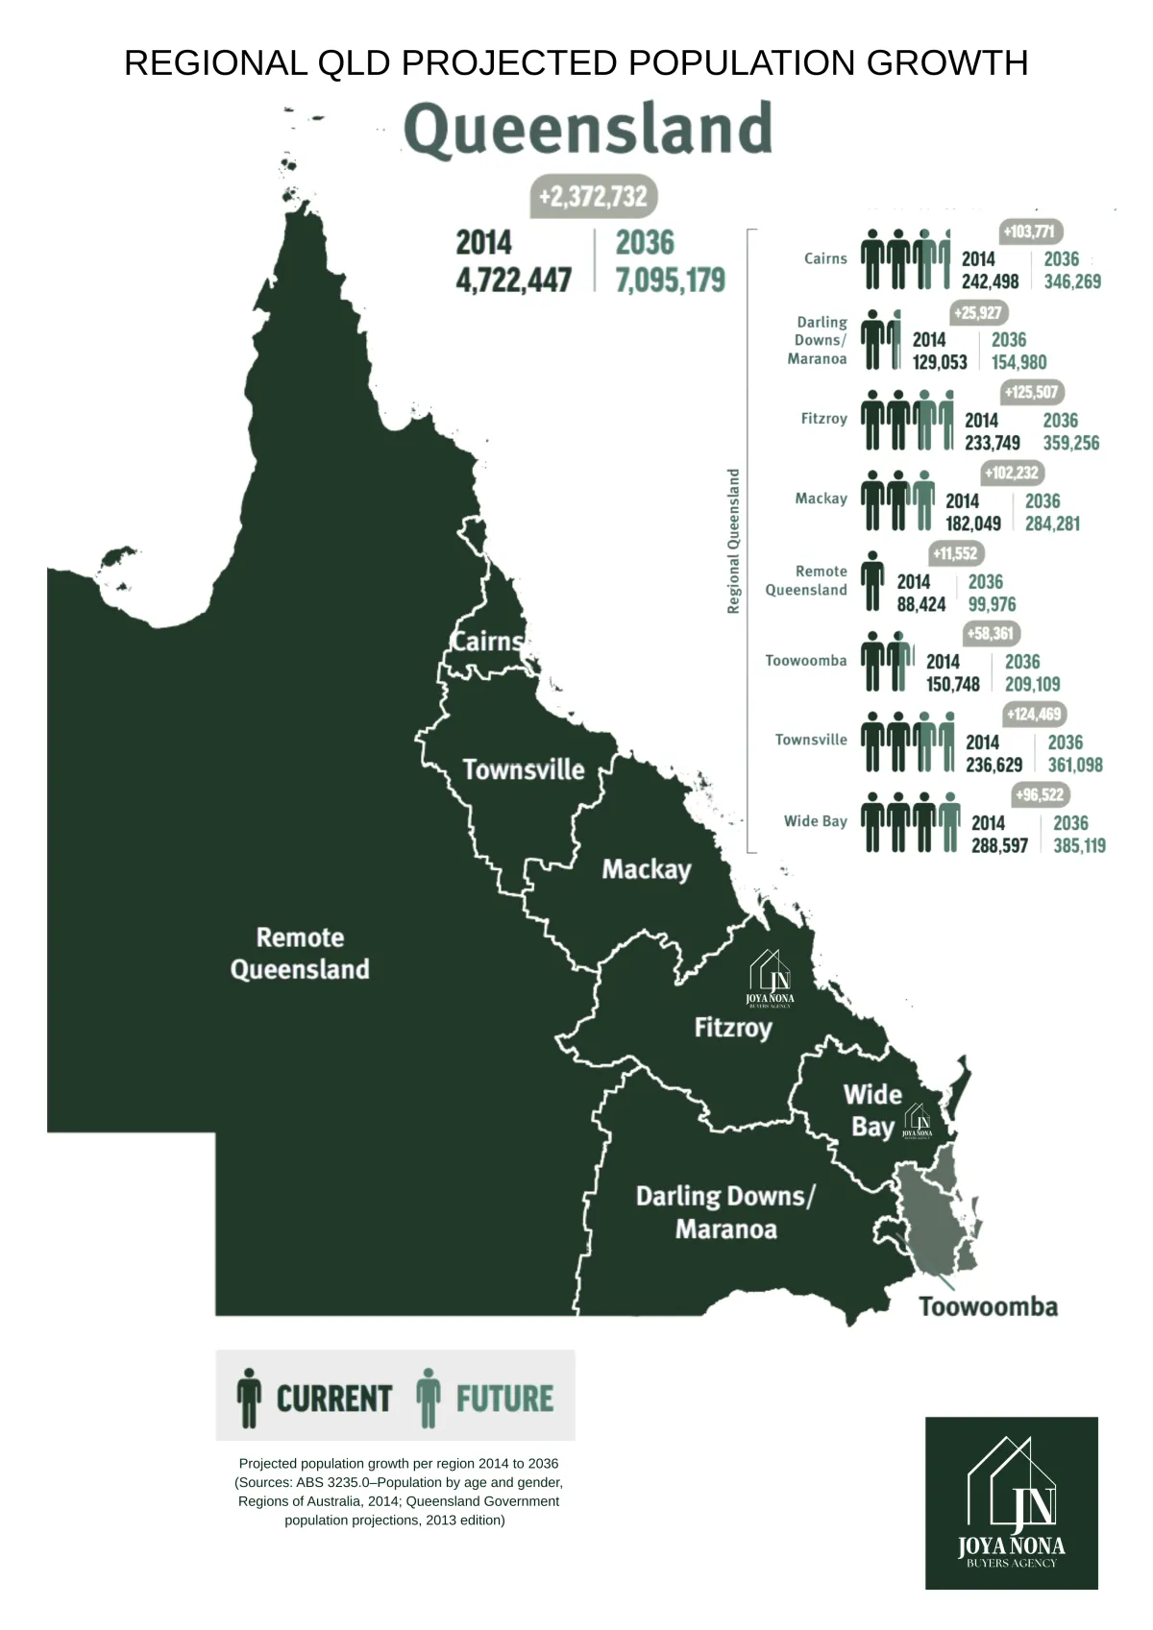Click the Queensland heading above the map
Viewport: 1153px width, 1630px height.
(588, 130)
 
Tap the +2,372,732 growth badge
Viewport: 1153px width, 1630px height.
(593, 197)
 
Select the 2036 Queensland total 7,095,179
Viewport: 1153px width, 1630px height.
(670, 280)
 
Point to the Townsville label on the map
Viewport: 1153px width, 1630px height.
(524, 769)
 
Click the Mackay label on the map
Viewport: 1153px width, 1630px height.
(647, 869)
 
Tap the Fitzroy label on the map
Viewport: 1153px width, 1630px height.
(733, 1028)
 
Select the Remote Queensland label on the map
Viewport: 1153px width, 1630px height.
(300, 953)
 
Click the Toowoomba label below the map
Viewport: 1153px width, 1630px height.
(988, 1306)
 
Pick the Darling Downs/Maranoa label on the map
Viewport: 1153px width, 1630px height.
(725, 1212)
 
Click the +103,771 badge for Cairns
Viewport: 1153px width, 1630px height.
(1029, 231)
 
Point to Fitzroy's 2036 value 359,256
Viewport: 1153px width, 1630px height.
(1071, 443)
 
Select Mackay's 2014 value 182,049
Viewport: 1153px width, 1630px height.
(973, 523)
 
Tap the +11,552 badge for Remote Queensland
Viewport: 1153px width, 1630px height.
(955, 553)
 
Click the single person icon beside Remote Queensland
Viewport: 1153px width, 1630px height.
(872, 581)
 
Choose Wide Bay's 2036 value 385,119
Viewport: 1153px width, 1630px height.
(1079, 846)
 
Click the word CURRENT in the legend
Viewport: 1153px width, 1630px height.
(334, 1399)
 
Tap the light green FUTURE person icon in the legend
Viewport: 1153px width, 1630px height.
(429, 1398)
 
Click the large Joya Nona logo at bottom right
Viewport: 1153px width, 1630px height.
(1012, 1502)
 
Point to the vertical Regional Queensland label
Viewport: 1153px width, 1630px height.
(734, 541)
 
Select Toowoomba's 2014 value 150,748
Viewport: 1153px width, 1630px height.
(953, 685)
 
